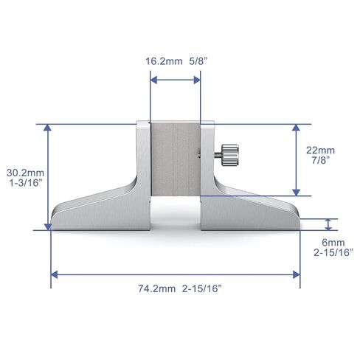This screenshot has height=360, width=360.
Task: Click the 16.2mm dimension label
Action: pyautogui.click(x=164, y=61)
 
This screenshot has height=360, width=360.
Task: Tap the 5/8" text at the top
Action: pyautogui.click(x=198, y=61)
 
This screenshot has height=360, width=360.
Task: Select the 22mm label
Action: pyautogui.click(x=320, y=150)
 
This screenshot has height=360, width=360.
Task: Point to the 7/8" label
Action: pyautogui.click(x=321, y=160)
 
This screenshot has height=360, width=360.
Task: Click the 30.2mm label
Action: pyautogui.click(x=25, y=173)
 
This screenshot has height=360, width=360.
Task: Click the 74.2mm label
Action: pyautogui.click(x=156, y=288)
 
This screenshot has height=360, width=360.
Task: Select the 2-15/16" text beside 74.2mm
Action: pyautogui.click(x=202, y=288)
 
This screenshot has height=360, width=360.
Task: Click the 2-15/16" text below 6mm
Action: pyautogui.click(x=333, y=252)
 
